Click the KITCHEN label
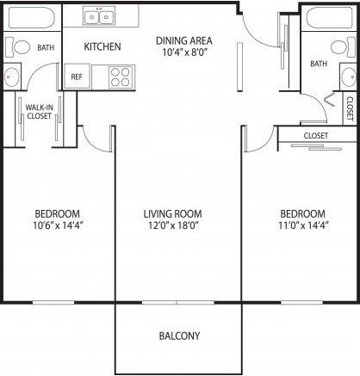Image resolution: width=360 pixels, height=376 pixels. (x=102, y=46)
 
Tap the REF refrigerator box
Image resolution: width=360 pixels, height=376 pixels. (x=75, y=76)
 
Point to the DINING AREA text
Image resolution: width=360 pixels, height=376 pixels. (x=183, y=40)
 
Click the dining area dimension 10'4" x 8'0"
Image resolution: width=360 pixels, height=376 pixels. (x=183, y=53)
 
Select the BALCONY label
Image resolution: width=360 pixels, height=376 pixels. (x=180, y=336)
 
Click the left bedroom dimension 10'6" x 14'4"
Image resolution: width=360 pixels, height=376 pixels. (x=58, y=226)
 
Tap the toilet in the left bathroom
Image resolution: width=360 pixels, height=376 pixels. (x=23, y=49)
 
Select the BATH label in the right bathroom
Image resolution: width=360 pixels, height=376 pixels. (x=319, y=64)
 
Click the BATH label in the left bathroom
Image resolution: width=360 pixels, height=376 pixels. (x=46, y=49)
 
